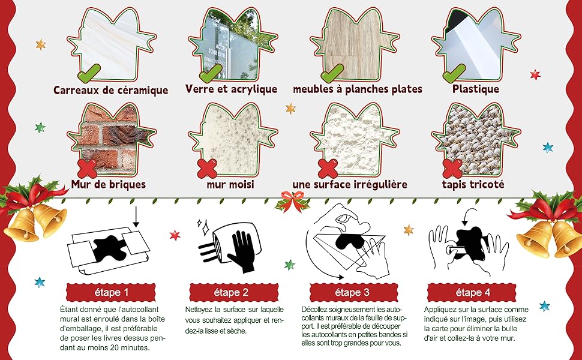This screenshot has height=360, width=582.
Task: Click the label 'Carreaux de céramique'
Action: tap(111, 91)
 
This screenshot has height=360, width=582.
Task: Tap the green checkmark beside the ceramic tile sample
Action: tap(89, 74)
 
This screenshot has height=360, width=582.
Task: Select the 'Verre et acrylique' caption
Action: tap(232, 89)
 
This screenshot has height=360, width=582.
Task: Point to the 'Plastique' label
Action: tap(476, 89)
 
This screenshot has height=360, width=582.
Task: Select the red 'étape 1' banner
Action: tap(110, 292)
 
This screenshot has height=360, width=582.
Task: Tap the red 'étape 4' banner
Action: tap(469, 292)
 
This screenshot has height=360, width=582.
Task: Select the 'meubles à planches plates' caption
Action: tap(358, 89)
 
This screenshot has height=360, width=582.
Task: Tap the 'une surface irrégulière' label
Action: tap(350, 184)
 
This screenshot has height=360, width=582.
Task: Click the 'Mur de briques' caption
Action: tap(109, 184)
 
